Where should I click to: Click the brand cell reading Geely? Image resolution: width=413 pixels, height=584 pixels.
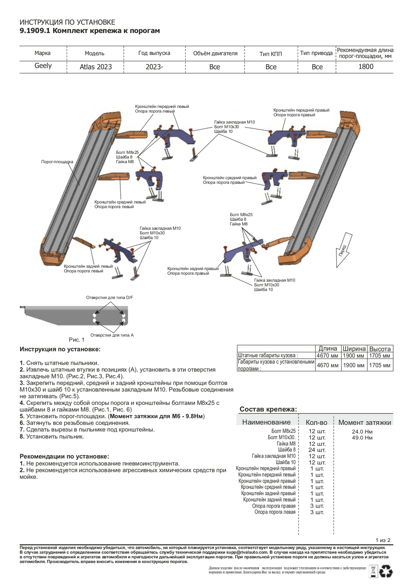[x=43, y=66]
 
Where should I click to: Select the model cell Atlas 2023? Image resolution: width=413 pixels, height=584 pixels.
[x=95, y=67]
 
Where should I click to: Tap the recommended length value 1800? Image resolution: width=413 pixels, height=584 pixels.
[x=366, y=67]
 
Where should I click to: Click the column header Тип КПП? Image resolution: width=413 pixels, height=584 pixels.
[x=271, y=54]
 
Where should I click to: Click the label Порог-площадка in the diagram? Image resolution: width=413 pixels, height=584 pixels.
[x=57, y=162]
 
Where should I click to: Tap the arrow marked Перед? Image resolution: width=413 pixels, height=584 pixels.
[x=343, y=250]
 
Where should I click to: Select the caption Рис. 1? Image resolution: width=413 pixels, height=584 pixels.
[x=76, y=340]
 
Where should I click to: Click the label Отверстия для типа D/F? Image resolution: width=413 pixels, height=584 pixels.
[x=109, y=298]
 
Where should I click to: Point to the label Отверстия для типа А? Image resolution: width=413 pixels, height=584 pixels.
[x=112, y=335]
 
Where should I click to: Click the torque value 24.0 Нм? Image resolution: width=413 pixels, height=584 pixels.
[x=362, y=431]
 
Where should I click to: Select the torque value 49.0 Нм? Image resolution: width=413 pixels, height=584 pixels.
[x=362, y=438]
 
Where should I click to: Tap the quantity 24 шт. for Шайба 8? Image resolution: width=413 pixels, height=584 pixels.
[x=317, y=450]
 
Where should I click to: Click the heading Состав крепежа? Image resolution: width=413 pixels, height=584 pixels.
[x=268, y=409]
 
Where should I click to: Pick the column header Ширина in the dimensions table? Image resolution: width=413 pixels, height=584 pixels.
[x=354, y=349]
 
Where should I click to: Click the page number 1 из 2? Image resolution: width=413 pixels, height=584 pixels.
[x=383, y=540]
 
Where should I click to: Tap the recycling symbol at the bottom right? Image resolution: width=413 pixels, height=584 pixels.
[x=386, y=572]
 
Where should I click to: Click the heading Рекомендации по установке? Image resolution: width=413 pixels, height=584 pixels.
[x=64, y=456]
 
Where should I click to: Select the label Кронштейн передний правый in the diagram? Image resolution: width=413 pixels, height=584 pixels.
[x=301, y=110]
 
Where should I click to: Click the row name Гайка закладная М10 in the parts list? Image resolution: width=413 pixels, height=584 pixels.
[x=273, y=456]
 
